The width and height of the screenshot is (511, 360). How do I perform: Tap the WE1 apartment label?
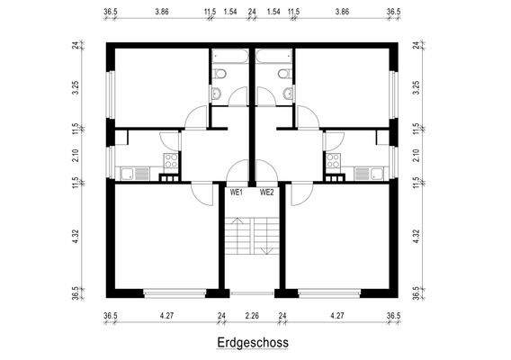(x=238, y=193)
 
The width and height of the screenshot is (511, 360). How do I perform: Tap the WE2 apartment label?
(x=267, y=193)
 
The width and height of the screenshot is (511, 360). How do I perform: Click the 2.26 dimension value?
(x=252, y=316)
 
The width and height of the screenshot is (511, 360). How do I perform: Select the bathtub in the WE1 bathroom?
(x=229, y=56)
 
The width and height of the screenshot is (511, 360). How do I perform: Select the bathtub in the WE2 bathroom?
(x=274, y=56)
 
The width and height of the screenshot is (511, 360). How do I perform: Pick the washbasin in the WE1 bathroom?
(x=216, y=93)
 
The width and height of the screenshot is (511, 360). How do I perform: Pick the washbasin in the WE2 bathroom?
(x=288, y=93)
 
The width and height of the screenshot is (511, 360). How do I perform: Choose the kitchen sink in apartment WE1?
(x=131, y=172)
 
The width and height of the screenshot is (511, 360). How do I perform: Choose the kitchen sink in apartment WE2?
(x=371, y=172)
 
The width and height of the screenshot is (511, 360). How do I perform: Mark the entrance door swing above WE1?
(x=238, y=174)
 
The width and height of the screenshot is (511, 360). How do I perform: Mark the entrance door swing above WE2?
(x=266, y=174)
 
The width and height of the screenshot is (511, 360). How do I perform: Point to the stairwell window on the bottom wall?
(x=252, y=293)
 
